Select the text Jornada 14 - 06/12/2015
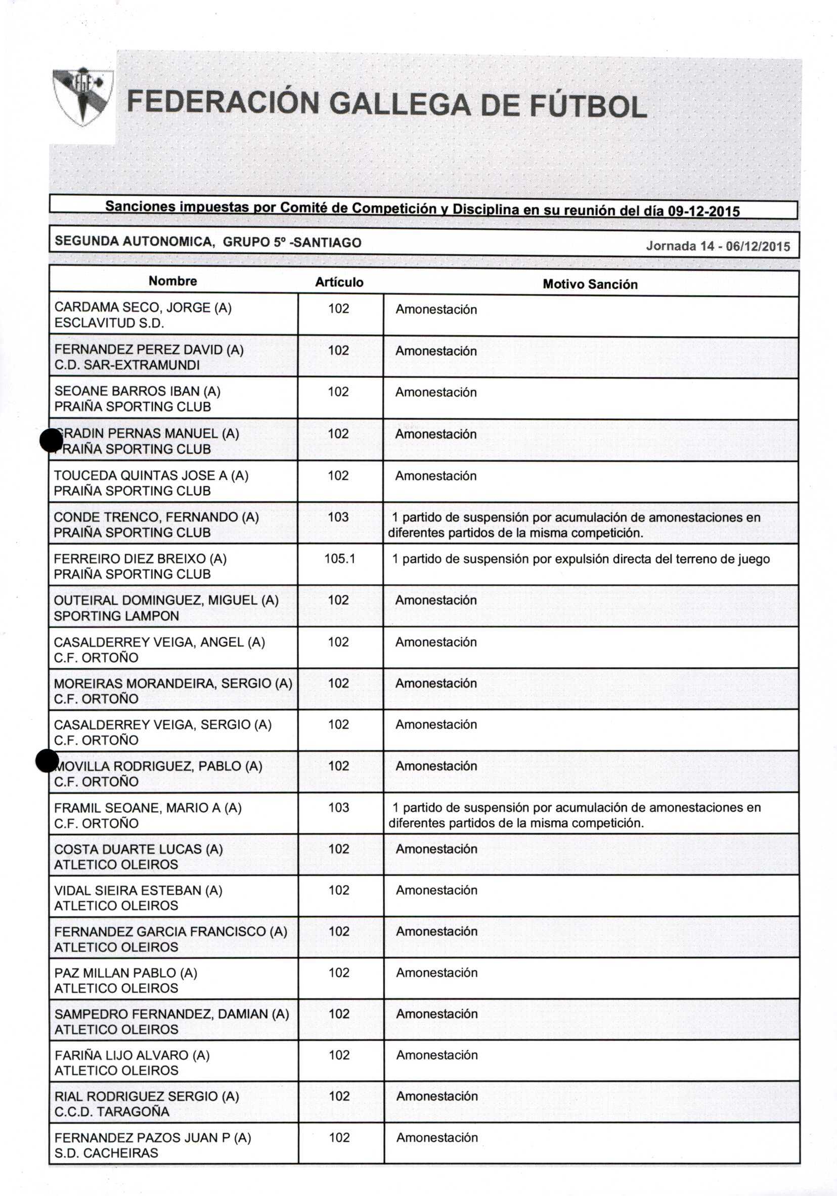click(718, 246)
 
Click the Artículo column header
click(339, 282)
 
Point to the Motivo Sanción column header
click(590, 284)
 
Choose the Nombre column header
click(172, 281)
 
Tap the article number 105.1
click(339, 559)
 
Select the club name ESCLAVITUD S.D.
click(109, 323)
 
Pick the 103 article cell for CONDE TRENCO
click(338, 517)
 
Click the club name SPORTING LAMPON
click(116, 616)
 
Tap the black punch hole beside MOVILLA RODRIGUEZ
click(47, 760)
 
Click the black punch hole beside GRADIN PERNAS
click(51, 441)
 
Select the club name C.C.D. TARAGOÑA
click(111, 1112)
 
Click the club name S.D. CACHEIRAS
click(106, 1153)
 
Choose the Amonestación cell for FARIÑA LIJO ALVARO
click(436, 1055)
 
